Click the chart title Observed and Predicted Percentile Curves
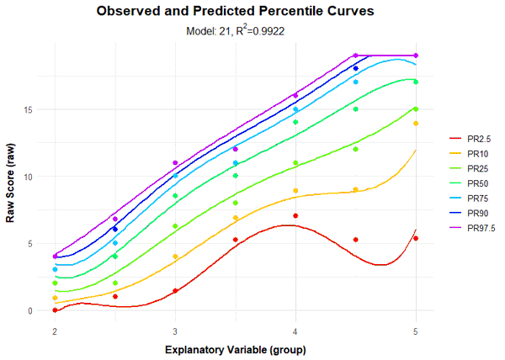235,13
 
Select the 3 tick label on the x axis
175,330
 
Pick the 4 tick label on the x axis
295,330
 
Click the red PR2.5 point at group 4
295,216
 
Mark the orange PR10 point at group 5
416,124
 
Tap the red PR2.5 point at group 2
55,310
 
